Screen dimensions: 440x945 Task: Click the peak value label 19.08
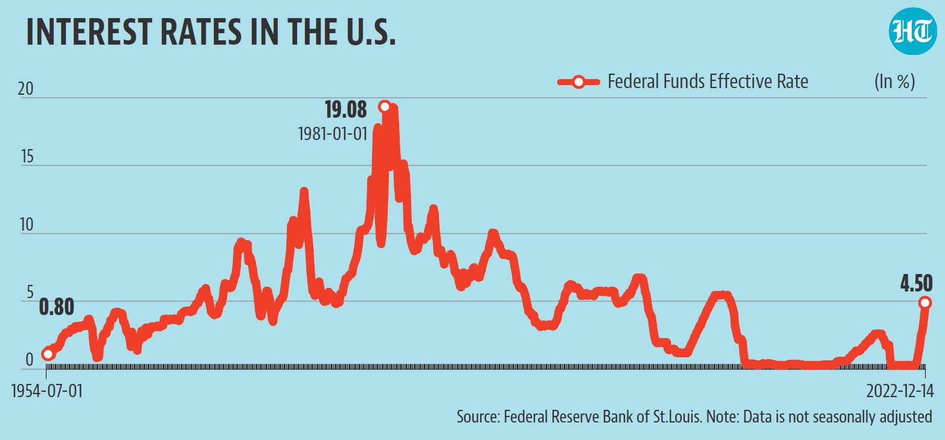pos(345,110)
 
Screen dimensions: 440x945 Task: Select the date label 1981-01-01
pos(333,134)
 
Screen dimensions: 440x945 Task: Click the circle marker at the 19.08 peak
pos(384,107)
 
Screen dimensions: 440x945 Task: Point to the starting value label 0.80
pos(56,308)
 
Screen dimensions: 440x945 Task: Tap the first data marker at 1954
pos(48,354)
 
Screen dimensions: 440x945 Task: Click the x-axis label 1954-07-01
pos(47,392)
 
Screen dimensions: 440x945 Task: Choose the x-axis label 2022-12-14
pos(899,392)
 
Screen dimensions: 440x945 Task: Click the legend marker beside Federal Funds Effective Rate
pos(578,82)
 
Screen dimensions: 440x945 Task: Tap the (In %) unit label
pos(894,81)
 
